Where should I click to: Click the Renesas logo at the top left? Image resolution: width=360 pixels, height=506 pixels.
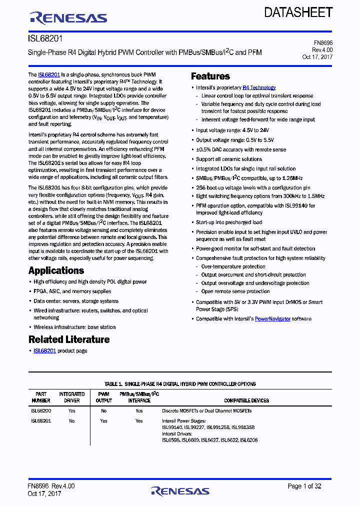68,18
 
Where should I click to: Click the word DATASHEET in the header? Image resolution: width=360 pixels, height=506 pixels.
298,12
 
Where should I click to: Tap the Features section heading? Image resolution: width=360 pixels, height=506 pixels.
210,76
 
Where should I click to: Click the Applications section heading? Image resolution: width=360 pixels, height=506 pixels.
56,270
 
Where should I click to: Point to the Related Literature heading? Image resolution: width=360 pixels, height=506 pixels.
69,339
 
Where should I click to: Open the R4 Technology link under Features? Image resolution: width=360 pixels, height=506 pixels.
259,87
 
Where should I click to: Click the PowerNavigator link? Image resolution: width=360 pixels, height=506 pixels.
272,318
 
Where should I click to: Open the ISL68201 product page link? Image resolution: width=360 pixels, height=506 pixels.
44,351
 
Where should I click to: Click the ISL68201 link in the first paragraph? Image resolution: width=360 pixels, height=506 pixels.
49,74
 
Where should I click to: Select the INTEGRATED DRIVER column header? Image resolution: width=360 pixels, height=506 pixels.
72,397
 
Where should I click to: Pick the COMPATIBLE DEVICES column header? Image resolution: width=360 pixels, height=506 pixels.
246,400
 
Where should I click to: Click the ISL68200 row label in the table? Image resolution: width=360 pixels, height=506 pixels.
41,410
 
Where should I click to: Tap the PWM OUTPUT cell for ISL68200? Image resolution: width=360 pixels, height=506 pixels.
103,410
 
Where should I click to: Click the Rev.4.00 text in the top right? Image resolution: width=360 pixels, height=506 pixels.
322,50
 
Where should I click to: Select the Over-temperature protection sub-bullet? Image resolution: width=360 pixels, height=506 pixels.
233,266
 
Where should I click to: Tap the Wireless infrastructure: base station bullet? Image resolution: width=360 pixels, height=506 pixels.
74,327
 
